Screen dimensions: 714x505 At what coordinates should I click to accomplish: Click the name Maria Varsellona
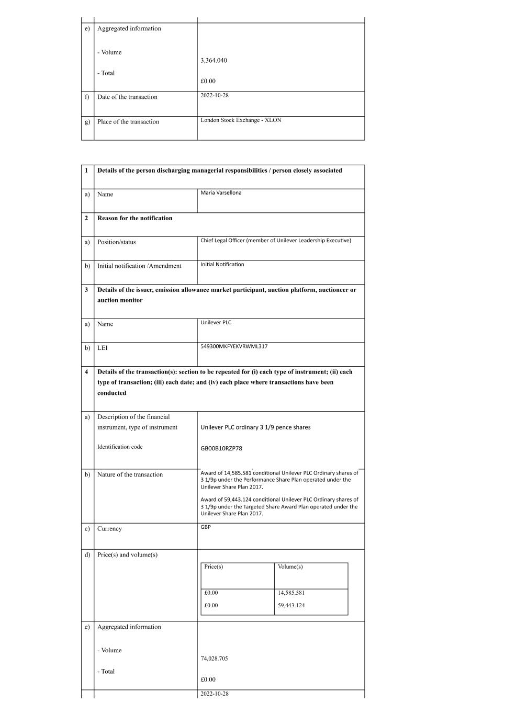click(x=221, y=193)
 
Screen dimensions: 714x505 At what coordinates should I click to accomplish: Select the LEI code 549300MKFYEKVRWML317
click(x=234, y=346)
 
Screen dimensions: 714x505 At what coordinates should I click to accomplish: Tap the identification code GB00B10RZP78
click(x=221, y=448)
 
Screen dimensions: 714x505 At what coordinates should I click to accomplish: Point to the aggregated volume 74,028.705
click(x=214, y=659)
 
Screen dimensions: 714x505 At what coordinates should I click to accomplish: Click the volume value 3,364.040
click(x=214, y=60)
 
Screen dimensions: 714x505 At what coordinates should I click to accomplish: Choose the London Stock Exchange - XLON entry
click(x=241, y=120)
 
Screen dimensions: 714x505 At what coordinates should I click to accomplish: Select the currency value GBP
click(x=206, y=527)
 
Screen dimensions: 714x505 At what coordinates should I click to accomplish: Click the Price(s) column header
click(x=214, y=566)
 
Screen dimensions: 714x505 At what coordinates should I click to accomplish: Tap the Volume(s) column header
click(x=290, y=566)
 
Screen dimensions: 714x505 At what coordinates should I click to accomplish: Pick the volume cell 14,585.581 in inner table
click(x=291, y=593)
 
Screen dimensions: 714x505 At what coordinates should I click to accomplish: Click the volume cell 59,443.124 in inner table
click(x=291, y=605)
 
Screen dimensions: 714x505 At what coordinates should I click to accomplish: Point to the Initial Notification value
click(x=222, y=265)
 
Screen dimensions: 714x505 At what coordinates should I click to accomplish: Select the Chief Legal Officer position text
click(x=275, y=241)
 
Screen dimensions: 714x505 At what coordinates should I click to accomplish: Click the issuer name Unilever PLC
click(x=216, y=323)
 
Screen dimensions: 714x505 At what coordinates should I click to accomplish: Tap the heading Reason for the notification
click(x=134, y=218)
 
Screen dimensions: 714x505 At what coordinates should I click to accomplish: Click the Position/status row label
click(x=116, y=242)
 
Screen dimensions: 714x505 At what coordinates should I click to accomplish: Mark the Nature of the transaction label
click(x=130, y=474)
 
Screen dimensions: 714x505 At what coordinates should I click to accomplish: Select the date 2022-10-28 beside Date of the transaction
click(x=215, y=95)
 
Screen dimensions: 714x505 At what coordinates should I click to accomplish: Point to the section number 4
click(x=86, y=372)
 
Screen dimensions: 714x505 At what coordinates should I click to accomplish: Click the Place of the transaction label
click(x=128, y=122)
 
